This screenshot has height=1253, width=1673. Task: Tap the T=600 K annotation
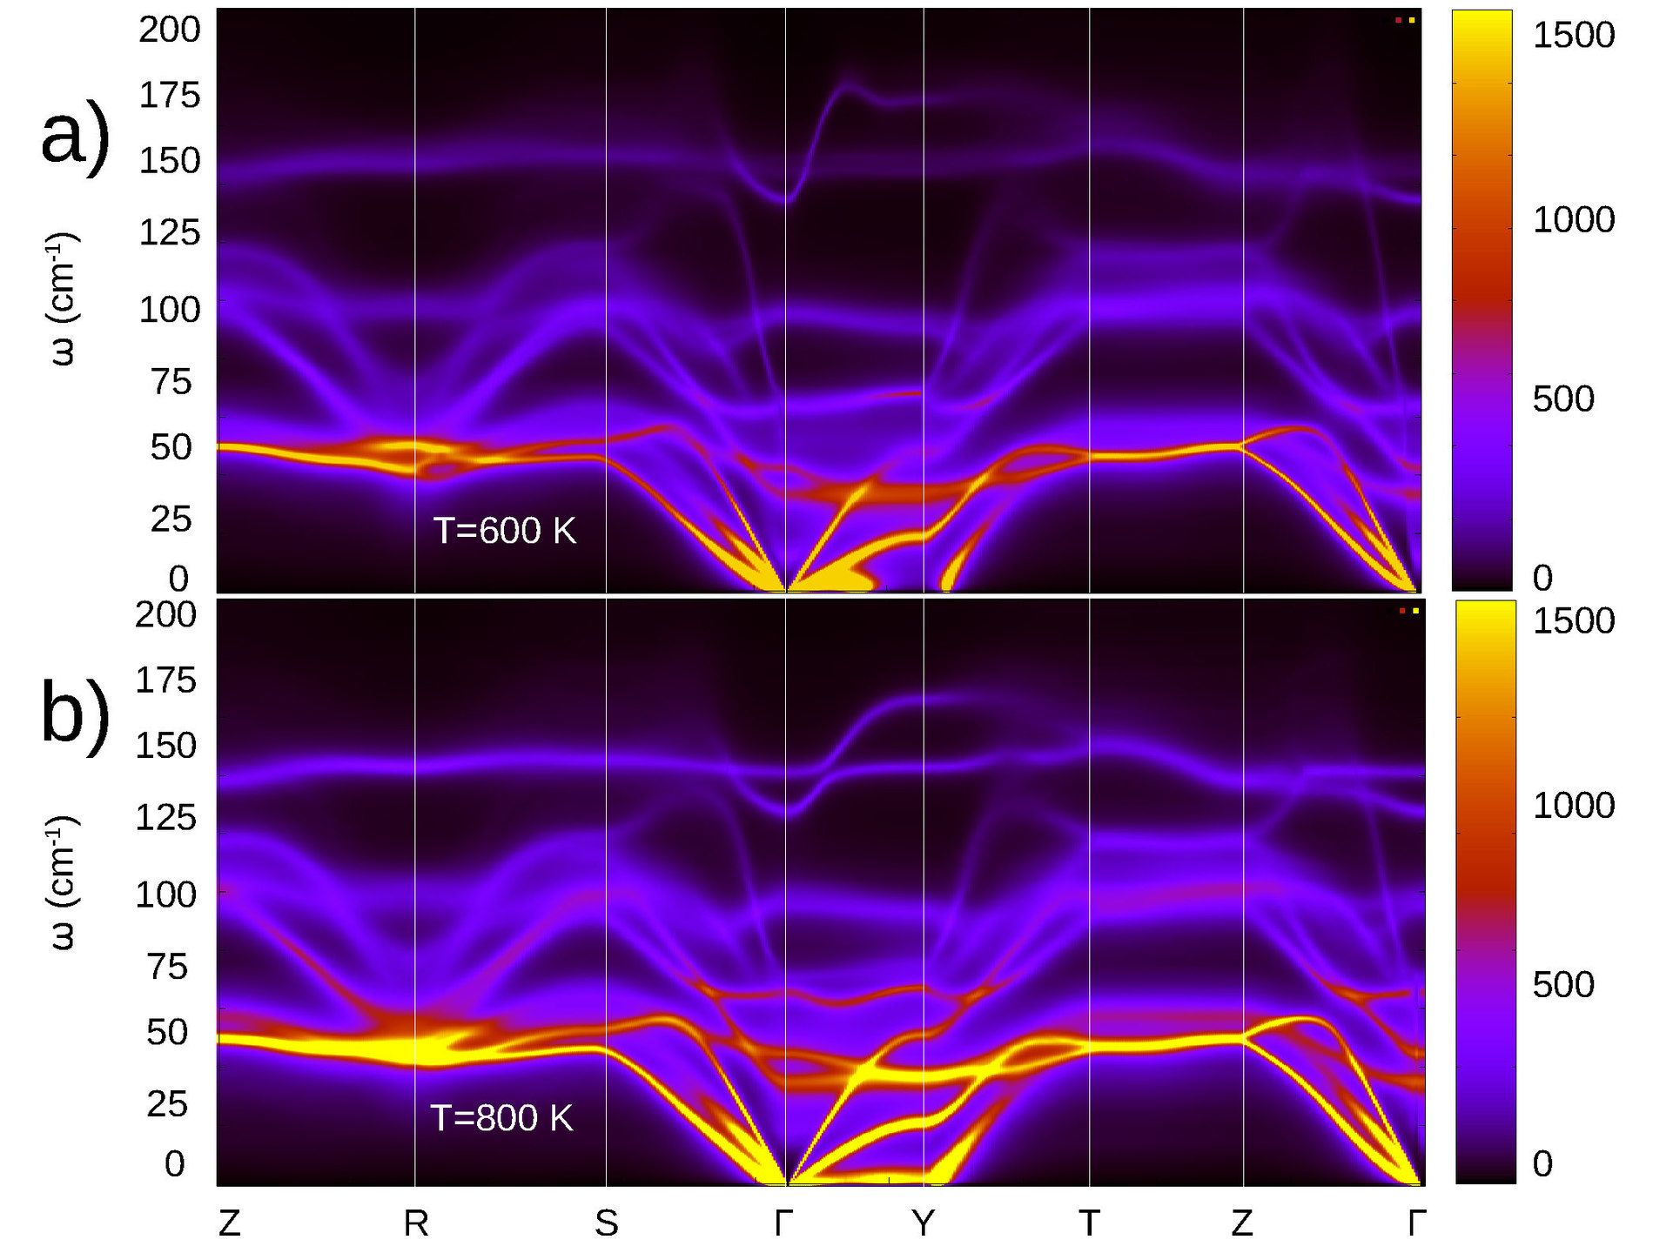click(505, 531)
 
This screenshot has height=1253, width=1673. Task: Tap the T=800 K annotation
click(502, 1118)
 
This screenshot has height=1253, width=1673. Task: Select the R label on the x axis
click(416, 1224)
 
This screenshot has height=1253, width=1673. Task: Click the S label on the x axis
click(607, 1224)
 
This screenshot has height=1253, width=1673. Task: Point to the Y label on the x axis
click(924, 1224)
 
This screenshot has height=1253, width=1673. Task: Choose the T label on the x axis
click(1089, 1224)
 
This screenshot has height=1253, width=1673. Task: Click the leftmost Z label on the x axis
click(229, 1224)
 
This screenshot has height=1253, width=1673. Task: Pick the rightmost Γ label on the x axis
click(1416, 1224)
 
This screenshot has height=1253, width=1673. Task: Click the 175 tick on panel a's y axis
click(170, 96)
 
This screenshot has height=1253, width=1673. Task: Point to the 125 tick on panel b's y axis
click(165, 818)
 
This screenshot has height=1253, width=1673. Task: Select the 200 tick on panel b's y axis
click(165, 615)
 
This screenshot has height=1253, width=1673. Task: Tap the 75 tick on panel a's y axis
click(171, 382)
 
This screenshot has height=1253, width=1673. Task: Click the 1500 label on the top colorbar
click(1574, 36)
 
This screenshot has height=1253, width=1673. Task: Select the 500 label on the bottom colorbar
click(1563, 985)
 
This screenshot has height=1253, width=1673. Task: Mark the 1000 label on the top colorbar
click(1574, 220)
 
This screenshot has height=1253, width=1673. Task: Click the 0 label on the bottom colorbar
click(1542, 1164)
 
